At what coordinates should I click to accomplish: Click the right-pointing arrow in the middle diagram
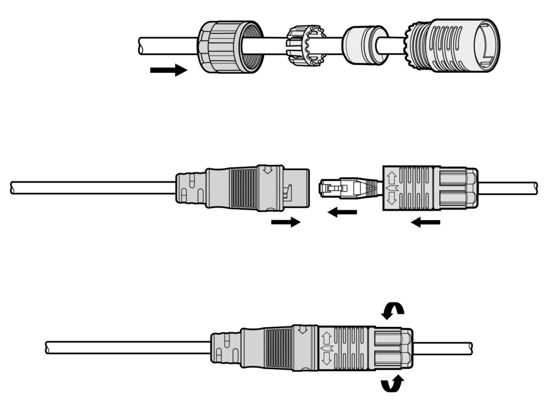[286, 222]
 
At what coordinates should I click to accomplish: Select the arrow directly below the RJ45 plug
[342, 213]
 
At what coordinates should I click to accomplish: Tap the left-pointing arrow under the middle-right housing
[425, 222]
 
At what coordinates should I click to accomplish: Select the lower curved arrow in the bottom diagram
[392, 383]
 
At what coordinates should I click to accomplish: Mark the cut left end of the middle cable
[13, 188]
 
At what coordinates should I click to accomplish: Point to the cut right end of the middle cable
[535, 188]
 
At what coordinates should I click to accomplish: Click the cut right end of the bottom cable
[470, 348]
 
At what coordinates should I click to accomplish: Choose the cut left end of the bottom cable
[48, 348]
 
